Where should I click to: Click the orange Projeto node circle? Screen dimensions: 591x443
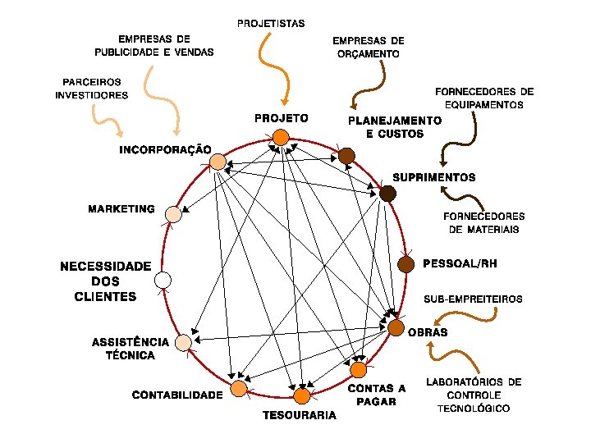pos(281,137)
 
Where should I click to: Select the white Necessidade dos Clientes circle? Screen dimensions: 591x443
pos(163,281)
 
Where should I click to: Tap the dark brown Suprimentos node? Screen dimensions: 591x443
pos(387,194)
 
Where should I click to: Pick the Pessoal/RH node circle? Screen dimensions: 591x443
pos(405,264)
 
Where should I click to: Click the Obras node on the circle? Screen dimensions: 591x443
pos(396,328)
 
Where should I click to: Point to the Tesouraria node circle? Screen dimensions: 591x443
pos(301,396)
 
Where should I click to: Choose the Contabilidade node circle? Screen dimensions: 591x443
pos(239,388)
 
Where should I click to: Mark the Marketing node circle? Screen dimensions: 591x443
pos(173,215)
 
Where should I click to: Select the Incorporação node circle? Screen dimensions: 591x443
pos(218,162)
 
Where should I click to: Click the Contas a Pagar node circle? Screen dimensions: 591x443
pos(358,370)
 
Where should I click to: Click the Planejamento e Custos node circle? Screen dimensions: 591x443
pos(346,156)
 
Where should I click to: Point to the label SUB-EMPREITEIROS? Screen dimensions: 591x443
pos(472,299)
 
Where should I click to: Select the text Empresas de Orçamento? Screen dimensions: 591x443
pos(369,47)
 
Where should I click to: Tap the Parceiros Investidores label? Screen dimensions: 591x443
pos(92,89)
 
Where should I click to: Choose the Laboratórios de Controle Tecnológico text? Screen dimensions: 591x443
pos(474,395)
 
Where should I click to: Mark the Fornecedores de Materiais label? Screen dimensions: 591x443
pos(483,222)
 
